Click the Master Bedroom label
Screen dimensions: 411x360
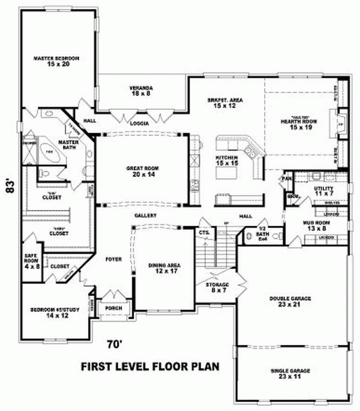pyautogui.click(x=58, y=61)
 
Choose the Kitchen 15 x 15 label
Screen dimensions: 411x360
pyautogui.click(x=227, y=160)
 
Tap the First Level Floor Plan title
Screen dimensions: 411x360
pyautogui.click(x=150, y=366)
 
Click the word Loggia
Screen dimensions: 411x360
pyautogui.click(x=139, y=124)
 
